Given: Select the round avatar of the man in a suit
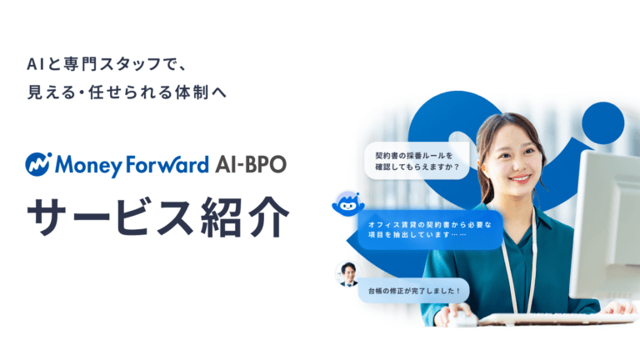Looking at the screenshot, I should (347, 273).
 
